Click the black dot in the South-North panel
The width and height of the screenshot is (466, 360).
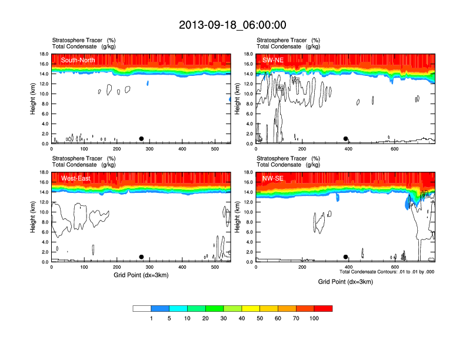[x=141, y=139]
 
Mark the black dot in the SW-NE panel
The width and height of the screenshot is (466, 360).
[x=346, y=139]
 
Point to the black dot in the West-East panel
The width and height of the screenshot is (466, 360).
[x=141, y=257]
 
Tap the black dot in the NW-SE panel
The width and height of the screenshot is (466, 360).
[x=346, y=257]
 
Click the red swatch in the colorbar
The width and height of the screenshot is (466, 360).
[x=324, y=308]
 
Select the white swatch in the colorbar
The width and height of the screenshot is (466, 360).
[x=142, y=308]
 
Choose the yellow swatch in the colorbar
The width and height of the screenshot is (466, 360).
[x=251, y=308]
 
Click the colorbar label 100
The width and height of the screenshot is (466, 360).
[x=315, y=318]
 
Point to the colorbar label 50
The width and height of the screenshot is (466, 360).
[x=260, y=318]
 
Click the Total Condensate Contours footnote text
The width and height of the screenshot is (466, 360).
[x=387, y=272]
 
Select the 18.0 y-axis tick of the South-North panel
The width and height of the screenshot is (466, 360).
[x=43, y=54]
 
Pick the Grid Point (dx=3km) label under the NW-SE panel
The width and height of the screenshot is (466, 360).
[x=345, y=282]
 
